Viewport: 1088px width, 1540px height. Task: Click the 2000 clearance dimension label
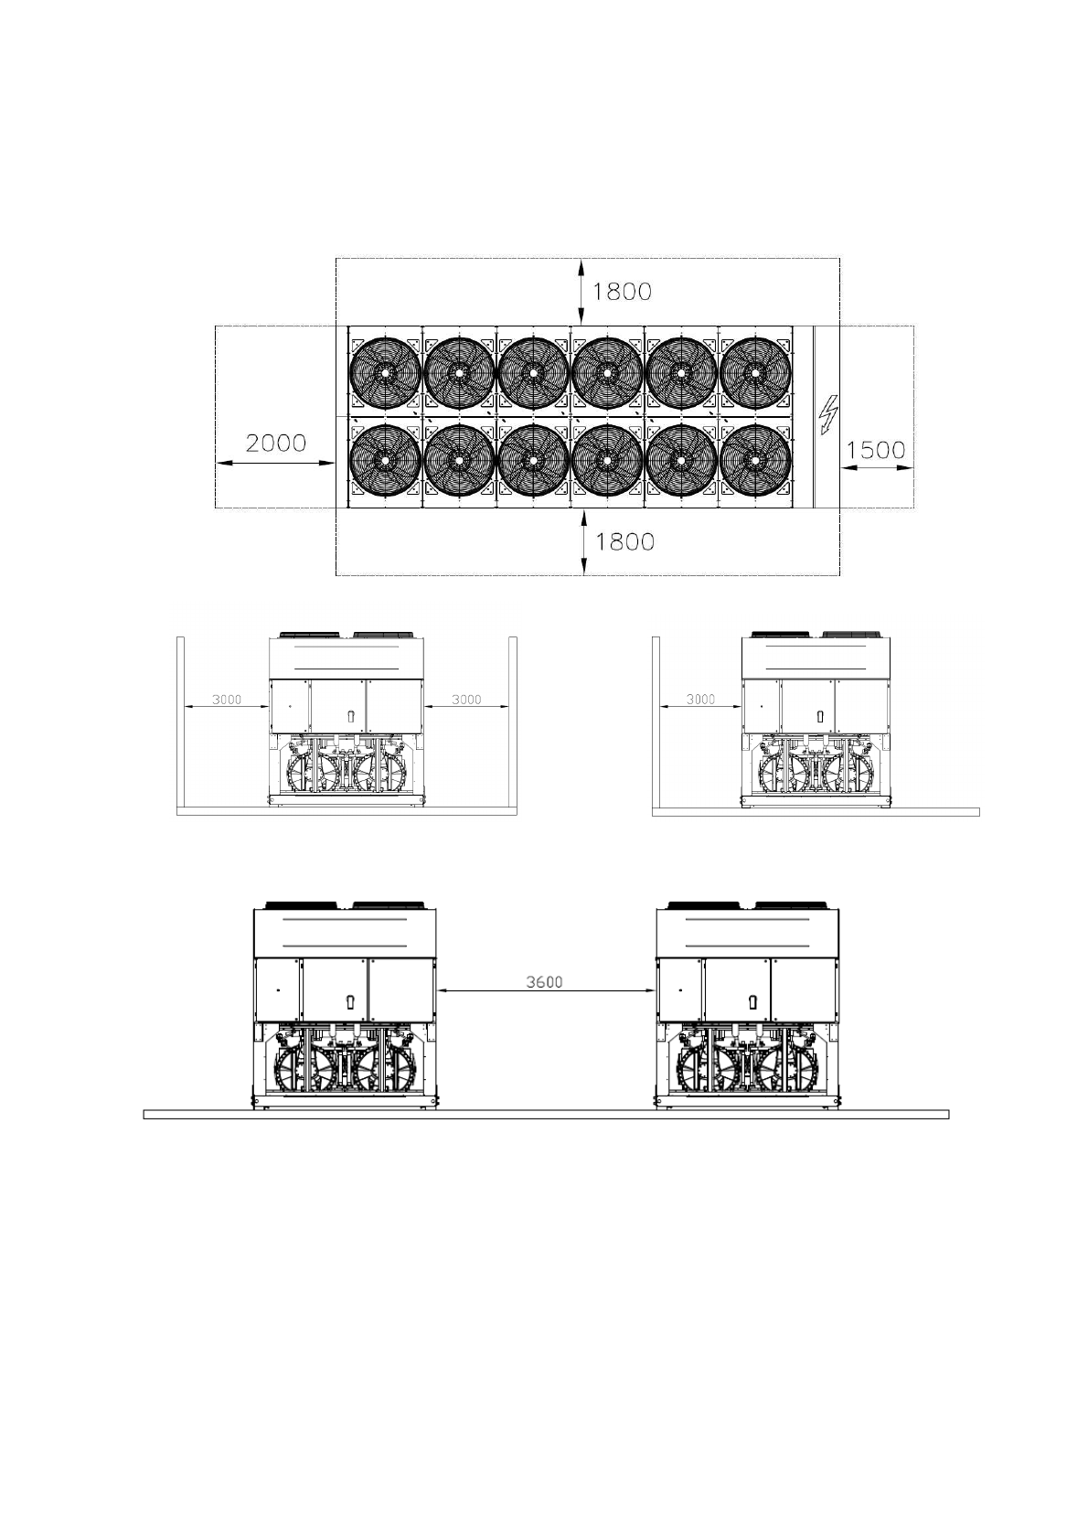[275, 444]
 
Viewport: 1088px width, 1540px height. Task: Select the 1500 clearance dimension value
[875, 450]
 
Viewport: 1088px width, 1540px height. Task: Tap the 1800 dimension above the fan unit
[622, 292]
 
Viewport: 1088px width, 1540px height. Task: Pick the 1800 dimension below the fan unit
[624, 541]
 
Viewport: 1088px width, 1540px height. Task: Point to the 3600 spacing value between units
[544, 982]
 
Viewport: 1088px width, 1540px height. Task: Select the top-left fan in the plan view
[385, 372]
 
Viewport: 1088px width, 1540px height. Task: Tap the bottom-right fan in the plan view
[755, 460]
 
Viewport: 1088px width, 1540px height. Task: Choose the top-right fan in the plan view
[755, 372]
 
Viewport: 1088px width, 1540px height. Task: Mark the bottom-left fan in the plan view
[385, 460]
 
